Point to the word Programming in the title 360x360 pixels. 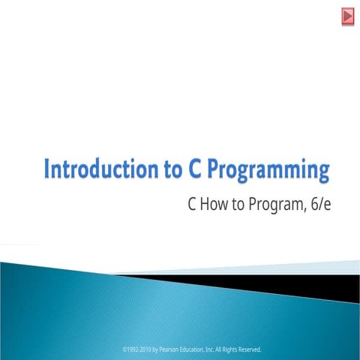(x=268, y=170)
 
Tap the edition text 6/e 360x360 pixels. (x=319, y=203)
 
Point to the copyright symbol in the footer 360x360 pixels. (x=123, y=349)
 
